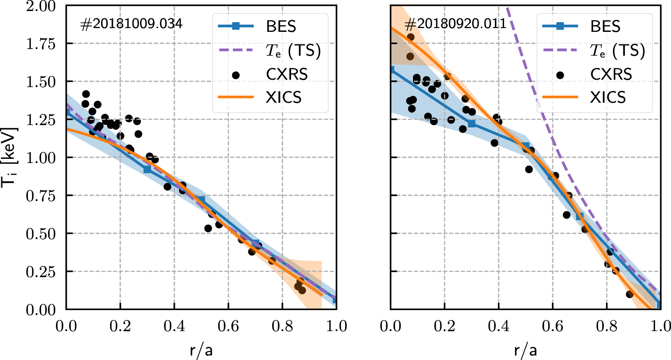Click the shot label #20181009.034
pyautogui.click(x=131, y=24)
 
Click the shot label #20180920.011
pyautogui.click(x=455, y=24)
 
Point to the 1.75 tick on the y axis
pyautogui.click(x=41, y=44)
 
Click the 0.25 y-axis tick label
pyautogui.click(x=41, y=272)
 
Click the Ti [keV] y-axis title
pyautogui.click(x=9, y=157)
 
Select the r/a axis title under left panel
pyautogui.click(x=201, y=350)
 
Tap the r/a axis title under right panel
pyautogui.click(x=525, y=350)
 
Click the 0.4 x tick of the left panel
pyautogui.click(x=174, y=326)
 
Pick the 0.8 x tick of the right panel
pyautogui.click(x=606, y=326)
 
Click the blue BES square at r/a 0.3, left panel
pyautogui.click(x=147, y=169)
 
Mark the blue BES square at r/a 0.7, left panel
pyautogui.click(x=255, y=243)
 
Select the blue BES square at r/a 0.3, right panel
pyautogui.click(x=472, y=124)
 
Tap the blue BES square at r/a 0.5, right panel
pyautogui.click(x=525, y=146)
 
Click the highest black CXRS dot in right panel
pyautogui.click(x=411, y=37)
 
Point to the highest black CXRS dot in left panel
pyautogui.click(x=86, y=94)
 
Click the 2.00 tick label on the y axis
pyautogui.click(x=41, y=6)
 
